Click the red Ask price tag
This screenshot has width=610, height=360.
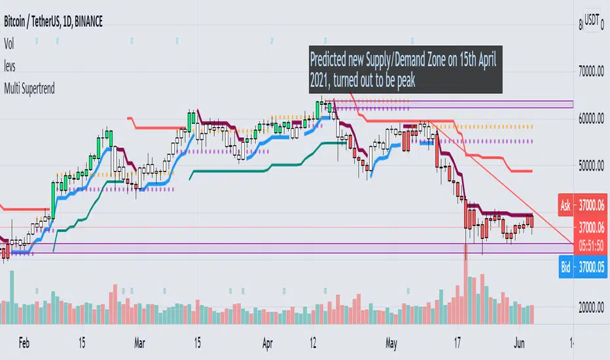[x=566, y=206]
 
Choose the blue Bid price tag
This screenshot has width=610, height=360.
[x=566, y=268]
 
